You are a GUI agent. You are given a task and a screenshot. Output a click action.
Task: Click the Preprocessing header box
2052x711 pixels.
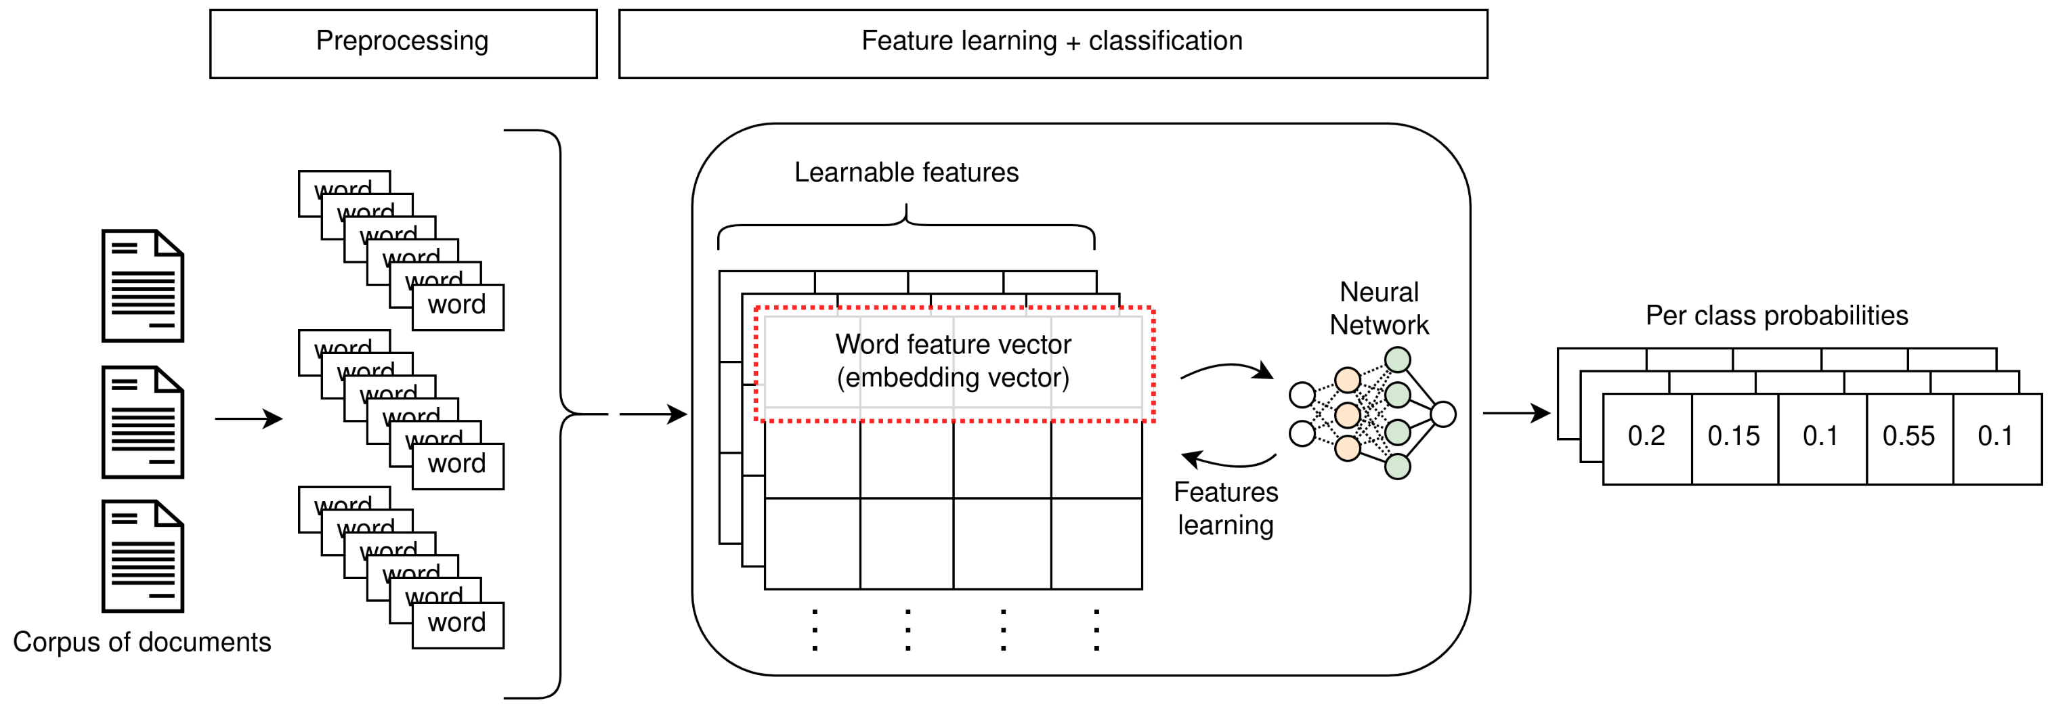pyautogui.click(x=403, y=44)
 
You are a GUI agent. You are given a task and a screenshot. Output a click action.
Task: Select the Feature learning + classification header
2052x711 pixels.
pyautogui.click(x=1052, y=44)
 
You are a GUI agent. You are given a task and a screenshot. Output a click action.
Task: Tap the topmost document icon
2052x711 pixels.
pyautogui.click(x=143, y=286)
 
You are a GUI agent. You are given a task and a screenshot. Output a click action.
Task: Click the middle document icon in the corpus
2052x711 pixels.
pyautogui.click(x=143, y=422)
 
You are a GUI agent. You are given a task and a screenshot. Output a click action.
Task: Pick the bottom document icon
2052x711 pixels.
pyautogui.click(x=143, y=556)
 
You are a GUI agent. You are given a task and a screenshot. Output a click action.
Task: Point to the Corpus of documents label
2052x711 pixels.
pyautogui.click(x=142, y=642)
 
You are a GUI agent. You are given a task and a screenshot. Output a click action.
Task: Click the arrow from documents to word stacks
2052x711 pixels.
pyautogui.click(x=249, y=418)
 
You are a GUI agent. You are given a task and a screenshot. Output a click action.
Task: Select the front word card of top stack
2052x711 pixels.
pyautogui.click(x=457, y=306)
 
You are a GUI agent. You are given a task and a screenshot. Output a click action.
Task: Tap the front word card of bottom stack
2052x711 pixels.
pyautogui.click(x=457, y=624)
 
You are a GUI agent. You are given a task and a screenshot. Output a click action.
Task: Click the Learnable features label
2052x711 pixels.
pyautogui.click(x=905, y=173)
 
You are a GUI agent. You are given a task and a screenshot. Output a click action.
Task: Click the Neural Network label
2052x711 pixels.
pyautogui.click(x=1379, y=309)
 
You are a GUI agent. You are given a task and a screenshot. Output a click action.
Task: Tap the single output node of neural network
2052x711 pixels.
pyautogui.click(x=1442, y=414)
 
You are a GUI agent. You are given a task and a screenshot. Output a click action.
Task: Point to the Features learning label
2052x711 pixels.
pyautogui.click(x=1225, y=509)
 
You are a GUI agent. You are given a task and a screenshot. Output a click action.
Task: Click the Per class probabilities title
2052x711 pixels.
pyautogui.click(x=1776, y=316)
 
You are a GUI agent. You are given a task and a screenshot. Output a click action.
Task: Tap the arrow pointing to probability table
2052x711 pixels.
pyautogui.click(x=1515, y=413)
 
